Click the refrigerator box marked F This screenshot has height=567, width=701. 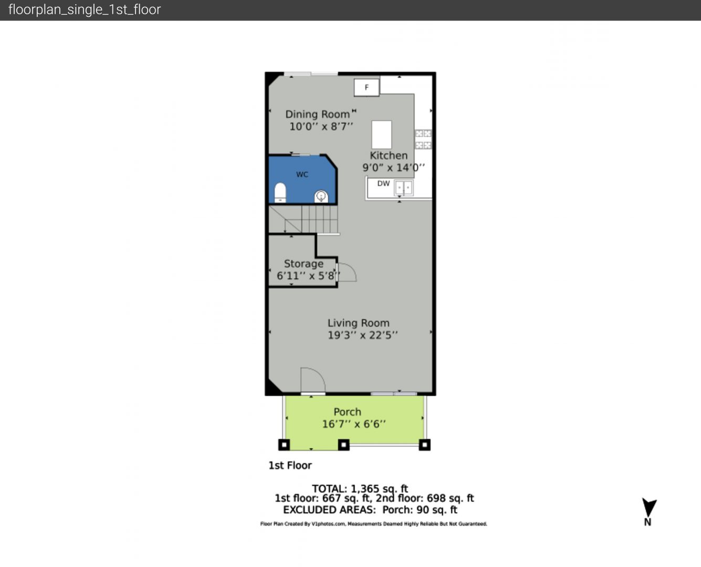(x=367, y=87)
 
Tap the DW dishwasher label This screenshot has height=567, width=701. (x=383, y=183)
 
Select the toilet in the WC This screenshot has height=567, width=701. (x=280, y=193)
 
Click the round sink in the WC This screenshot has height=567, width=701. (x=321, y=196)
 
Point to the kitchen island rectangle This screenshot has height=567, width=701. (x=381, y=134)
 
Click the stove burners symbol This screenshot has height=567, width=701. (x=423, y=139)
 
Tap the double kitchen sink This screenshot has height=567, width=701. (x=403, y=188)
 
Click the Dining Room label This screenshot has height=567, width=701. (x=318, y=114)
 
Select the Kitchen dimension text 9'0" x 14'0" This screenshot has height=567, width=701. (x=394, y=167)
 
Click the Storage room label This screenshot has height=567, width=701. (x=304, y=264)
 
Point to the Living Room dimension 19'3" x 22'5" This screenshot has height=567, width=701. (x=363, y=335)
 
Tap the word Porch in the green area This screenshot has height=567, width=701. (x=347, y=412)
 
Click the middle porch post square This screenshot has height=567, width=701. (x=343, y=445)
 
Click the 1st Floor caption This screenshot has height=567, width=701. (x=290, y=465)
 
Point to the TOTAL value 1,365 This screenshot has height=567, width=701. (x=365, y=489)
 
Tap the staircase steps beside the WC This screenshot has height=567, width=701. (x=304, y=219)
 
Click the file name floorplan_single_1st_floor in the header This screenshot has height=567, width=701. (x=85, y=9)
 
